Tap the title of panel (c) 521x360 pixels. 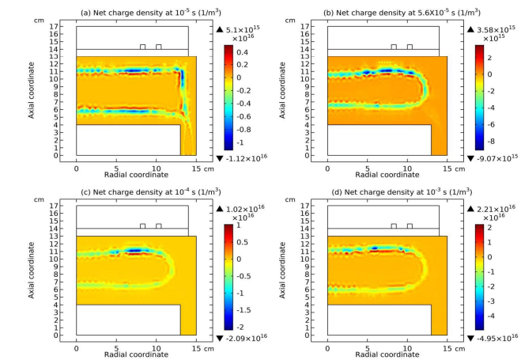click(133, 190)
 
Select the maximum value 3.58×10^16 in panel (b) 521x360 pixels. click(492, 30)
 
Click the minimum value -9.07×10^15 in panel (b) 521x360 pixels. click(492, 157)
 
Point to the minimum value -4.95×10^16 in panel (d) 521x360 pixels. click(492, 337)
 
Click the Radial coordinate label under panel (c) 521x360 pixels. click(134, 354)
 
